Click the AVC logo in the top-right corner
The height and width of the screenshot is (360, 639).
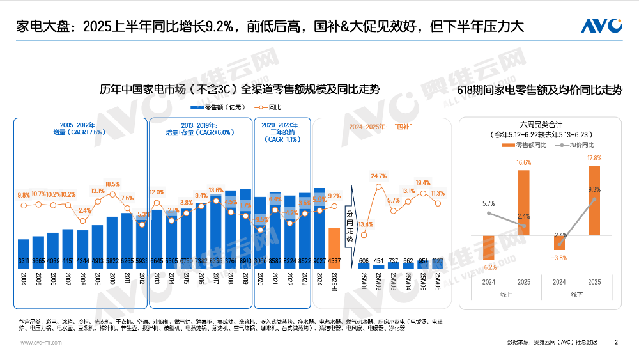click(x=601, y=26)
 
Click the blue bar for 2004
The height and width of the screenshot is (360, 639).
click(x=24, y=253)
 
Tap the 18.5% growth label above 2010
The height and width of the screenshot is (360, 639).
click(x=112, y=184)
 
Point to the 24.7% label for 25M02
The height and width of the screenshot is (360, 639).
click(x=379, y=176)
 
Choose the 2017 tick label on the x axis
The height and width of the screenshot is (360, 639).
click(x=216, y=282)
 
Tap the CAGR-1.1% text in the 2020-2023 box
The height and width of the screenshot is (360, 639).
click(x=282, y=139)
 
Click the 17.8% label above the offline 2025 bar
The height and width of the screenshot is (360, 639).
click(x=594, y=158)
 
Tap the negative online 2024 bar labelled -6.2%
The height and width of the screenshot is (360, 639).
click(x=489, y=249)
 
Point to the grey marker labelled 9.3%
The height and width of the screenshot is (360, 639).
click(x=594, y=200)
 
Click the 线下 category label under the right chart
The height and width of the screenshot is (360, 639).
click(x=576, y=295)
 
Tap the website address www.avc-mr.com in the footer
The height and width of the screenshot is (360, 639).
click(x=41, y=343)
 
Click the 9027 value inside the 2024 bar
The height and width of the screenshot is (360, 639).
click(x=319, y=261)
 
